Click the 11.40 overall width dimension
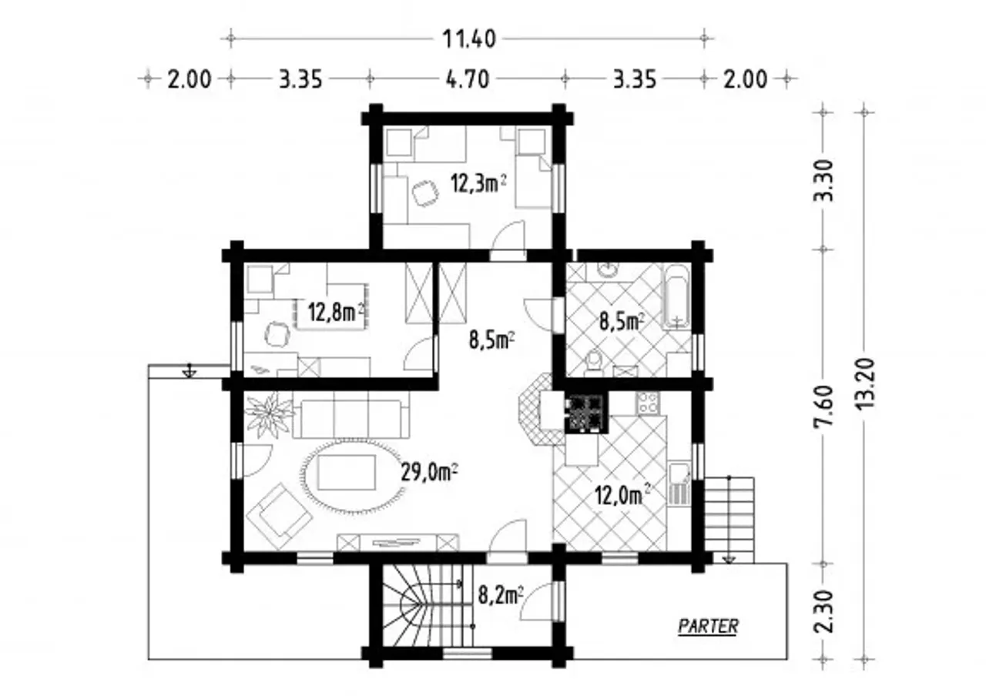(x=469, y=39)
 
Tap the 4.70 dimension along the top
(x=468, y=79)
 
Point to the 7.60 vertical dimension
(x=822, y=406)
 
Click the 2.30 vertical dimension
(x=822, y=611)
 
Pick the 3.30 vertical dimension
(x=822, y=180)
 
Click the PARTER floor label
(x=708, y=626)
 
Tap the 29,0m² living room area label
(x=429, y=473)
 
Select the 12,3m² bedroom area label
(x=478, y=183)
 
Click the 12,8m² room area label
(x=337, y=313)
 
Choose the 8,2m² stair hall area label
(x=501, y=596)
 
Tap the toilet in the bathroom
(x=593, y=363)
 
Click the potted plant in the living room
(x=269, y=414)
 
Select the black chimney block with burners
(x=587, y=413)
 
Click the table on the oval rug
(x=347, y=473)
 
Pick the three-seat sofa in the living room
(x=350, y=419)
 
